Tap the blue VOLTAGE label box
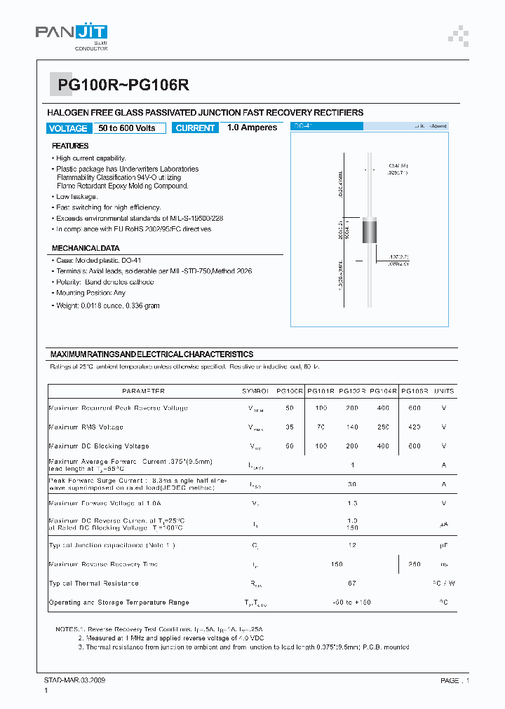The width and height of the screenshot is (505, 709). pyautogui.click(x=68, y=128)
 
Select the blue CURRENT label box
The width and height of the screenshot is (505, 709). pyautogui.click(x=195, y=128)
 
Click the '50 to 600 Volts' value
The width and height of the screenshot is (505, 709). pyautogui.click(x=127, y=128)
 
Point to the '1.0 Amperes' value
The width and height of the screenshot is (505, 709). pyautogui.click(x=252, y=128)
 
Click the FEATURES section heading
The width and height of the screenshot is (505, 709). pyautogui.click(x=70, y=146)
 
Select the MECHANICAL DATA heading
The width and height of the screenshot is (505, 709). pyautogui.click(x=86, y=248)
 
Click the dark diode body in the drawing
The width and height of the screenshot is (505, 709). pyautogui.click(x=370, y=230)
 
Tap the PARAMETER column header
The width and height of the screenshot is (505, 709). pyautogui.click(x=143, y=391)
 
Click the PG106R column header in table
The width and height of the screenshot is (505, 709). pyautogui.click(x=414, y=391)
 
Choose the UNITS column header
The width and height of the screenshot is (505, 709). pyautogui.click(x=443, y=391)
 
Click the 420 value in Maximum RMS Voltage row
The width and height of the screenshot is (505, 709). pyautogui.click(x=414, y=427)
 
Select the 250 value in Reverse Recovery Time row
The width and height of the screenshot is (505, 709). pyautogui.click(x=414, y=564)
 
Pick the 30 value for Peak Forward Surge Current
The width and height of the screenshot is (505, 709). pyautogui.click(x=352, y=483)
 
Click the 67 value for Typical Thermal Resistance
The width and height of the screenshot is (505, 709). pyautogui.click(x=352, y=583)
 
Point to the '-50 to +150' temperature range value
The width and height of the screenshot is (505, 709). pyautogui.click(x=352, y=603)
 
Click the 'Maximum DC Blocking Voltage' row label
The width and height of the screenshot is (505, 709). pyautogui.click(x=99, y=446)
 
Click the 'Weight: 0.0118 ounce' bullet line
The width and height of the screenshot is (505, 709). pyautogui.click(x=108, y=305)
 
